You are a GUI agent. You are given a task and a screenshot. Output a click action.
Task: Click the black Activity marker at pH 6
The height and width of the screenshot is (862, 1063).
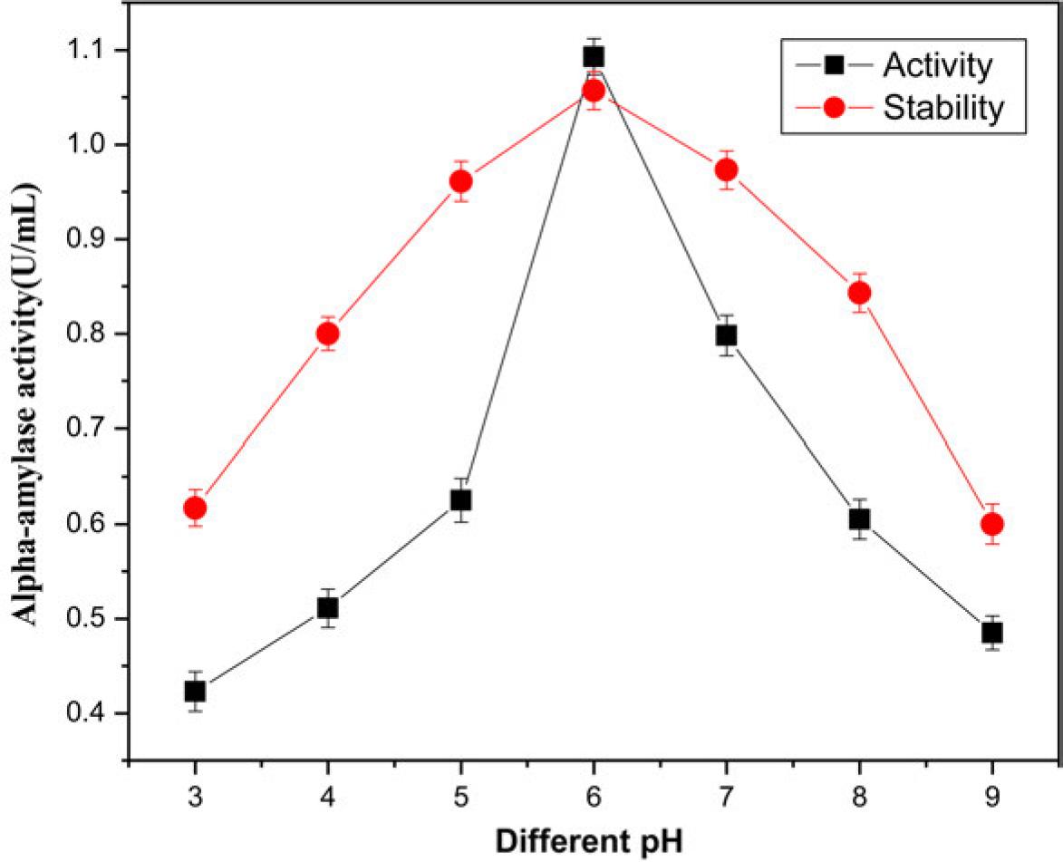[594, 57]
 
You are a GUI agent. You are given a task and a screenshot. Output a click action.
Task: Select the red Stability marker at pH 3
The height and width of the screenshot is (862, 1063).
[195, 508]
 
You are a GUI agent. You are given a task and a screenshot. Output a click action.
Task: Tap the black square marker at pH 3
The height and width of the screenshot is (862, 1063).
[195, 692]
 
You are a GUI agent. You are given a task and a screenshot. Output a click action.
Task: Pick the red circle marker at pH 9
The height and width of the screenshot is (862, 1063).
[991, 524]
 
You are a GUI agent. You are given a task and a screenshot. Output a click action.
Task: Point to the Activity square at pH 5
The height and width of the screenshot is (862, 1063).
[461, 500]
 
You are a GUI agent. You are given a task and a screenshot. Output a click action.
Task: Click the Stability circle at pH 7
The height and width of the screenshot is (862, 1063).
[726, 169]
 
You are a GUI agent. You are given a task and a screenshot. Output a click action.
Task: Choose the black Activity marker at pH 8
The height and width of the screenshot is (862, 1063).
[859, 519]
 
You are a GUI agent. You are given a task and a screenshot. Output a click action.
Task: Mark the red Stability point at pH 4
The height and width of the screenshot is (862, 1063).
[328, 334]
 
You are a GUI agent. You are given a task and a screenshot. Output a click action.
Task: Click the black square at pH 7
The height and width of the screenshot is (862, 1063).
[726, 335]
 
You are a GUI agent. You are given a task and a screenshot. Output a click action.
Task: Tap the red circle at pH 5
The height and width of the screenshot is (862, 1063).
[461, 182]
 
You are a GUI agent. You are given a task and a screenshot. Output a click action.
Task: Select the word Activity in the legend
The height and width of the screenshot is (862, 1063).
[938, 66]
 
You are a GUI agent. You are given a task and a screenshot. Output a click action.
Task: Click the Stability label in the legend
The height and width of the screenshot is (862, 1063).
[943, 107]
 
